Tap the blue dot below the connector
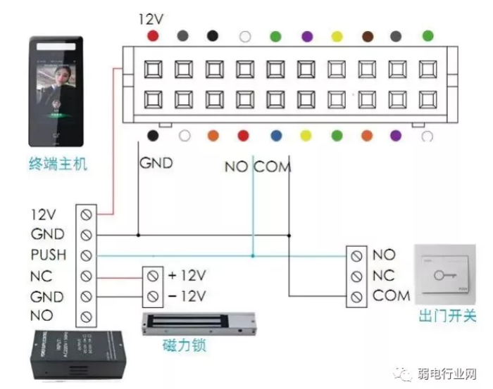point(275,136)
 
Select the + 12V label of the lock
point(186,274)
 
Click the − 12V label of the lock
point(186,295)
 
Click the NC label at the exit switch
point(384,275)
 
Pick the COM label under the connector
point(272,167)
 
